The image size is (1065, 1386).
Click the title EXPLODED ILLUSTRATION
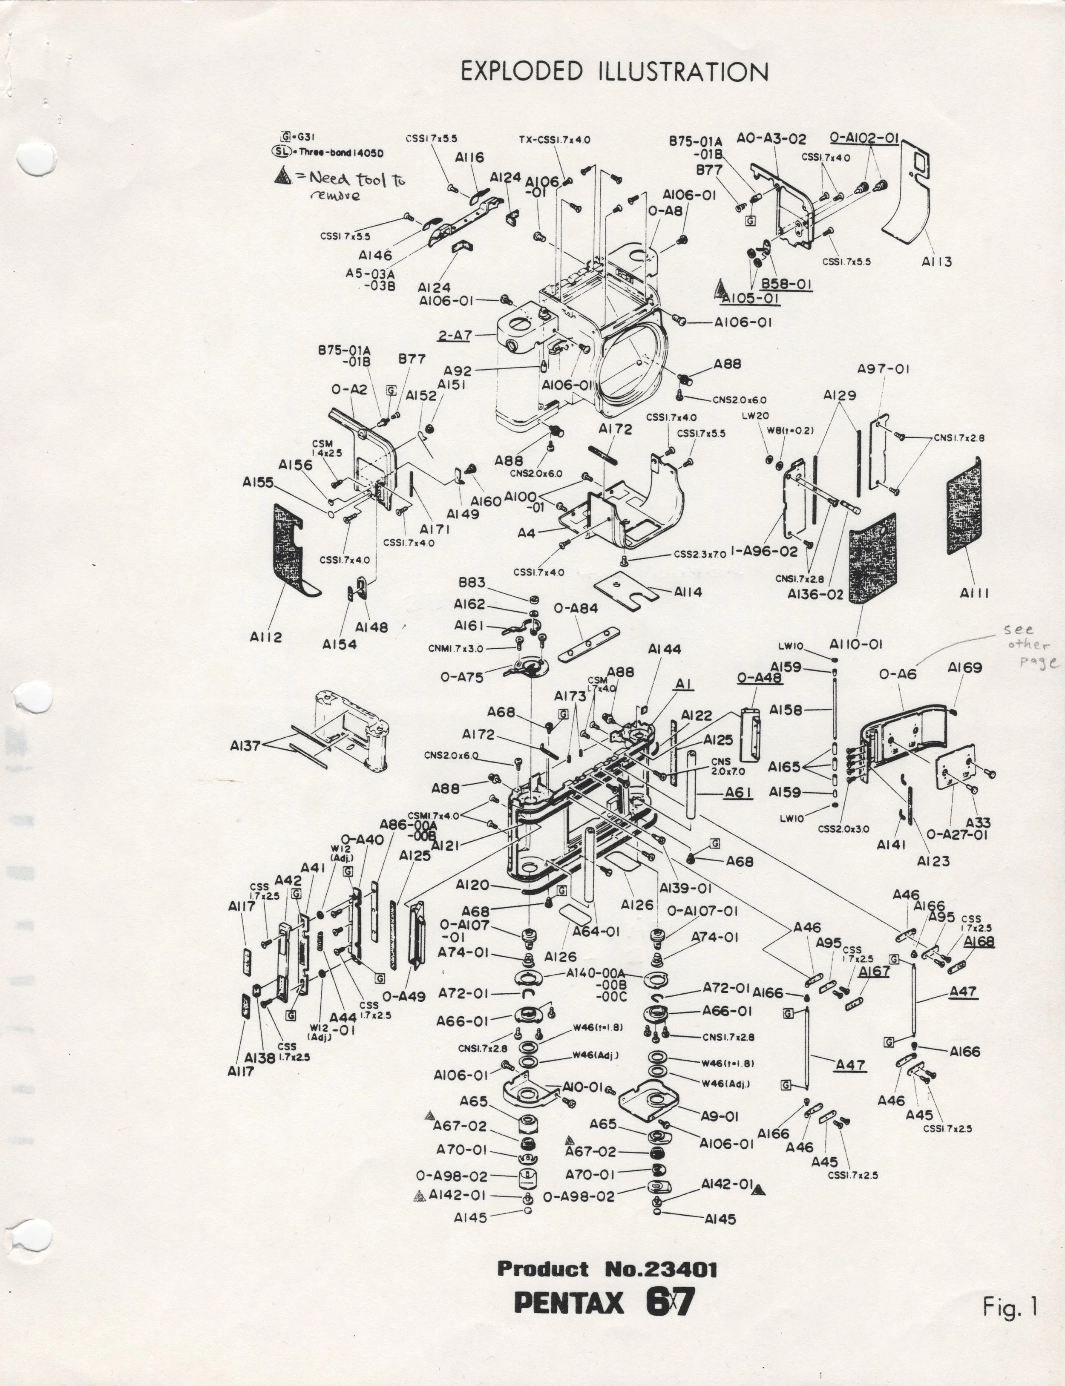pos(613,72)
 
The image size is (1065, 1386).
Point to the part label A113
pos(936,261)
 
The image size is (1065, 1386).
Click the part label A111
pos(974,593)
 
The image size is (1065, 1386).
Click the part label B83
pos(473,582)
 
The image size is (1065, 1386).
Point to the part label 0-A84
pos(576,608)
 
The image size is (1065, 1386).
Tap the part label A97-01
pos(883,369)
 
